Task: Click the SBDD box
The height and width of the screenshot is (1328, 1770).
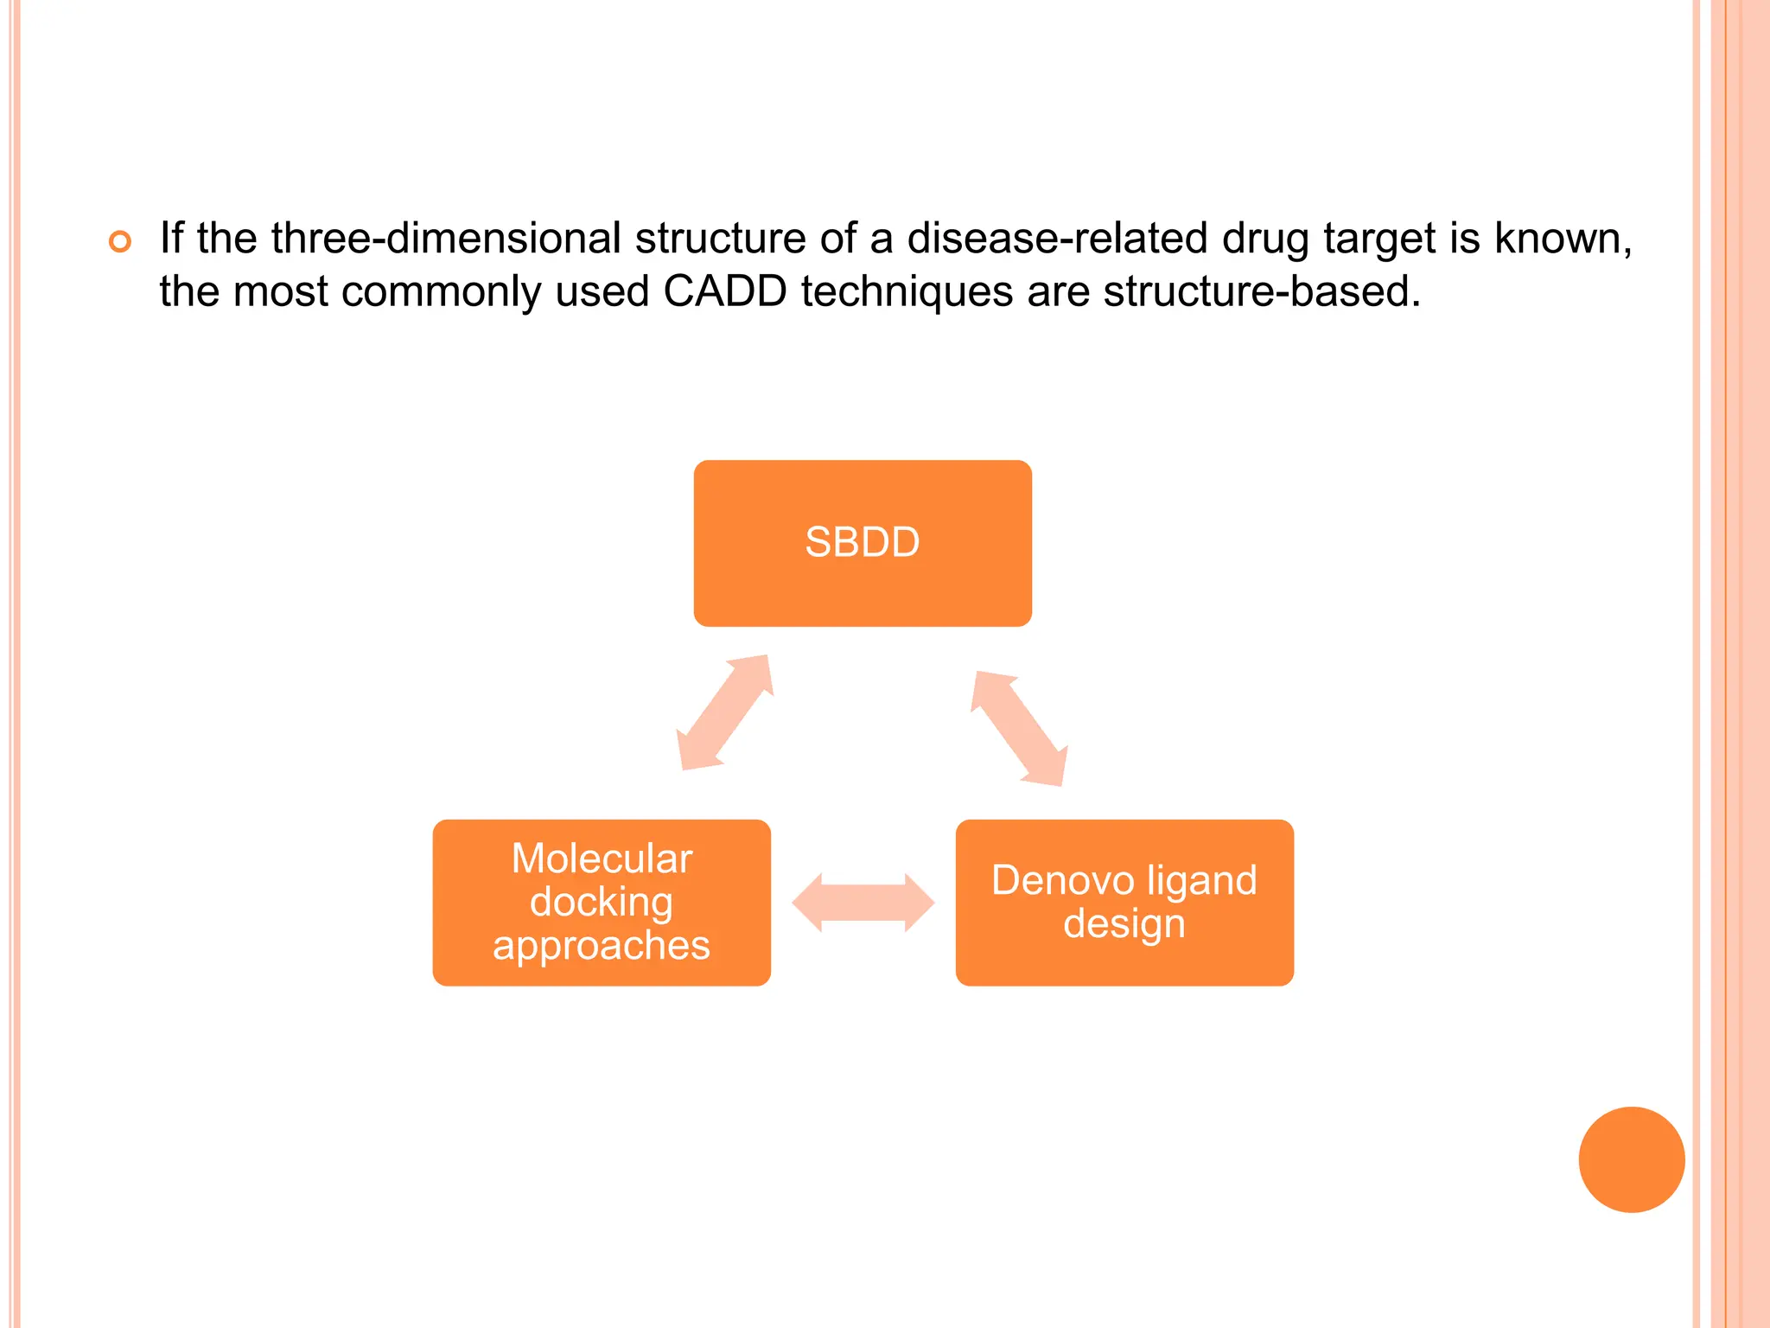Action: click(x=863, y=543)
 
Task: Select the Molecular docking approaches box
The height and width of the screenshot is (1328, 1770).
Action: click(x=602, y=903)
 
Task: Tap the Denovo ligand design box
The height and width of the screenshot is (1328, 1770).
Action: click(x=1124, y=903)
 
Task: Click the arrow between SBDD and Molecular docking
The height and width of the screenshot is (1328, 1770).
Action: click(x=724, y=712)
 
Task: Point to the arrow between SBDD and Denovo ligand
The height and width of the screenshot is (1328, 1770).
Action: click(x=1019, y=728)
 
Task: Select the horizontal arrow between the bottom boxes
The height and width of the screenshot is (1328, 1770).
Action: click(x=863, y=903)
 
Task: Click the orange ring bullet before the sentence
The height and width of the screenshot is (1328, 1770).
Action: click(x=120, y=241)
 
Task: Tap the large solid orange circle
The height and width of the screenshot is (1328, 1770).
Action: click(x=1631, y=1159)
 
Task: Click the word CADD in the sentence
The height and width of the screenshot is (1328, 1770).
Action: click(x=724, y=291)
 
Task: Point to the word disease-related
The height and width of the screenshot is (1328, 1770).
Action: click(x=1057, y=238)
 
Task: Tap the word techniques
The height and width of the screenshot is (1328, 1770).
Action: click(x=907, y=291)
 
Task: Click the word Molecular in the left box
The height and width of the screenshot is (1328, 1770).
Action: click(x=602, y=859)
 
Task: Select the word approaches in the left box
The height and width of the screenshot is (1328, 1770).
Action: click(x=602, y=945)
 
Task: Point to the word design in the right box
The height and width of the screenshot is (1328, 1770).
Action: click(x=1124, y=923)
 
